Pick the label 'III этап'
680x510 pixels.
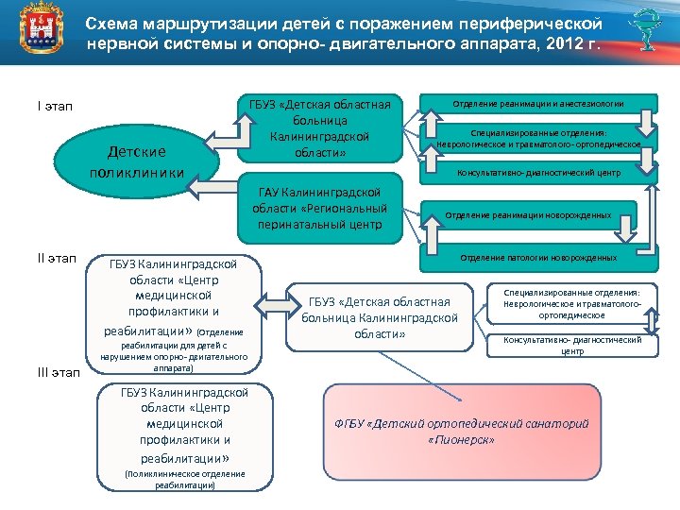coord(59,374)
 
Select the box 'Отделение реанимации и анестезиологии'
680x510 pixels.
coord(538,104)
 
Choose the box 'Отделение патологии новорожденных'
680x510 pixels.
coord(538,257)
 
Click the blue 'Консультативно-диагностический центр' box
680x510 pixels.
coord(538,173)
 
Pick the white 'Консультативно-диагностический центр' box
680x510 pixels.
coord(572,345)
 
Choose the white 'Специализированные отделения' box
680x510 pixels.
coord(572,304)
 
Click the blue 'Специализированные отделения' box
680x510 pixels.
coord(538,138)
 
